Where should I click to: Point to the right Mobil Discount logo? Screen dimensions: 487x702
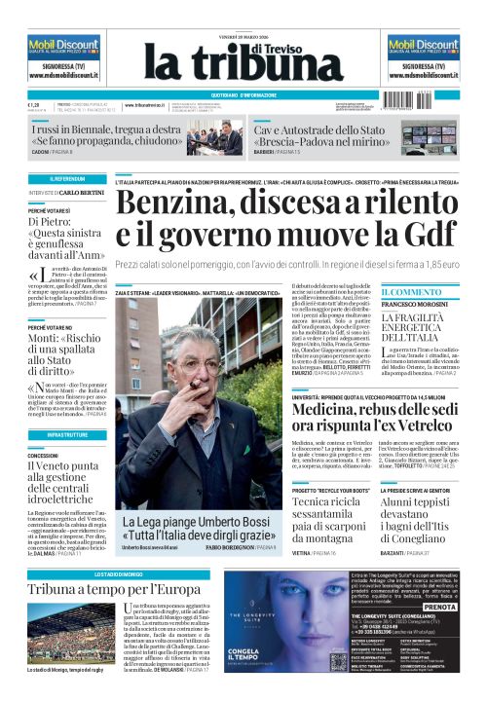pyautogui.click(x=423, y=45)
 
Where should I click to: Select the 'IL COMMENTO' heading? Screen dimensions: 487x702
pyautogui.click(x=410, y=292)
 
